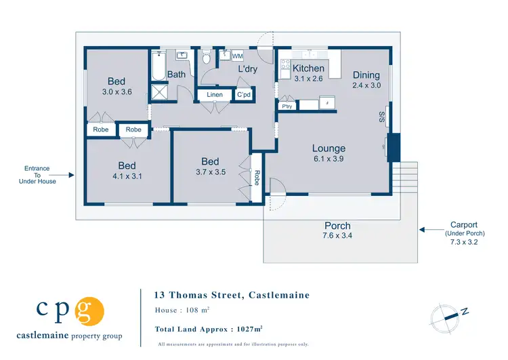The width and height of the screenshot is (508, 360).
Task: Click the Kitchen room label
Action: coord(308,68)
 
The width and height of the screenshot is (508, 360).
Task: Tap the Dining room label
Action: coord(366,75)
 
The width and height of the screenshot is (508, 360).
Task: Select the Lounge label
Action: coord(329,148)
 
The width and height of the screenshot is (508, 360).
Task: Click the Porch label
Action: coord(337,226)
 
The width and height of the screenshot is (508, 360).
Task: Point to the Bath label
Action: coord(177,75)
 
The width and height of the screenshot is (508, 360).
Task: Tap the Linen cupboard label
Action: coord(214,96)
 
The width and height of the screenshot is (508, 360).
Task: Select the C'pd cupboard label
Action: coord(244,96)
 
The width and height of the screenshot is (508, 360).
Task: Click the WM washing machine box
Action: coord(238,56)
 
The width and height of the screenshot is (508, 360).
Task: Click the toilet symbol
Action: coord(207,58)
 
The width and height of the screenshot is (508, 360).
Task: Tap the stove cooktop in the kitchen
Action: coord(285,67)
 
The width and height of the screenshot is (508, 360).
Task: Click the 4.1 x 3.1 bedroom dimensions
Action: coord(127,176)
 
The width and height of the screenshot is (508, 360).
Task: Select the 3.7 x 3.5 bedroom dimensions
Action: coord(210,172)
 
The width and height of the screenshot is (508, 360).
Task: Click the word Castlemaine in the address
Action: coord(279,295)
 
